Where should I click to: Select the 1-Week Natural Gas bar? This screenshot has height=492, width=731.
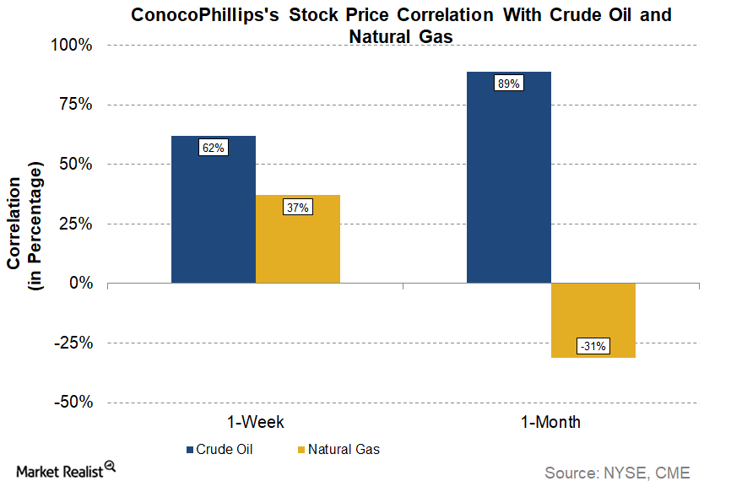point(297,245)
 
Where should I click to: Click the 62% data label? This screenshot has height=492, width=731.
point(213,148)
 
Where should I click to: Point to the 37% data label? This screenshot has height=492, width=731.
point(297,207)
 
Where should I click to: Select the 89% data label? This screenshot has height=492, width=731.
point(508,84)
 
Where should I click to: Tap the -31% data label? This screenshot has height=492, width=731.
point(593,346)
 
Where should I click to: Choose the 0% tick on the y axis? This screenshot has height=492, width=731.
point(82,284)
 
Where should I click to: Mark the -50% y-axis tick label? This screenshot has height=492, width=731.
point(74,403)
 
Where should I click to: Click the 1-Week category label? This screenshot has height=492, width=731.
point(255,422)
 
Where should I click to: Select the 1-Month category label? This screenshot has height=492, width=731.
point(550,422)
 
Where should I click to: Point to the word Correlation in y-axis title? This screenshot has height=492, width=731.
point(14,218)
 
